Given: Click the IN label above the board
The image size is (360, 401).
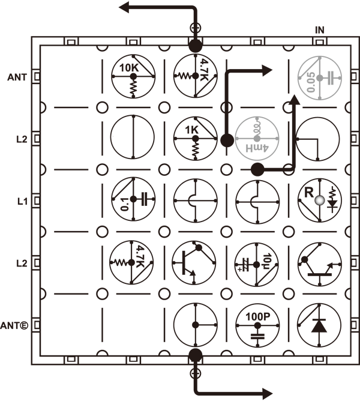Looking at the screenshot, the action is [320, 30].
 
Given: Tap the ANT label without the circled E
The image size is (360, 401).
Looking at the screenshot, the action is [17, 77].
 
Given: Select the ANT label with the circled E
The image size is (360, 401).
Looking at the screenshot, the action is [14, 325].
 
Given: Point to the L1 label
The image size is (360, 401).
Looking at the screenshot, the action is [22, 202].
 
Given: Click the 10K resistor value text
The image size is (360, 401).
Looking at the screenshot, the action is [129, 68].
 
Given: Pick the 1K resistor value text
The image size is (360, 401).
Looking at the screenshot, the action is [191, 130].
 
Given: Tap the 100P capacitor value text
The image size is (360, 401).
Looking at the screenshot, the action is [258, 317].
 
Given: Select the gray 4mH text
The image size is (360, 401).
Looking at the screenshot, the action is [257, 148].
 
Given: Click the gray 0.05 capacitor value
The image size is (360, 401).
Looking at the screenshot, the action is [311, 82].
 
